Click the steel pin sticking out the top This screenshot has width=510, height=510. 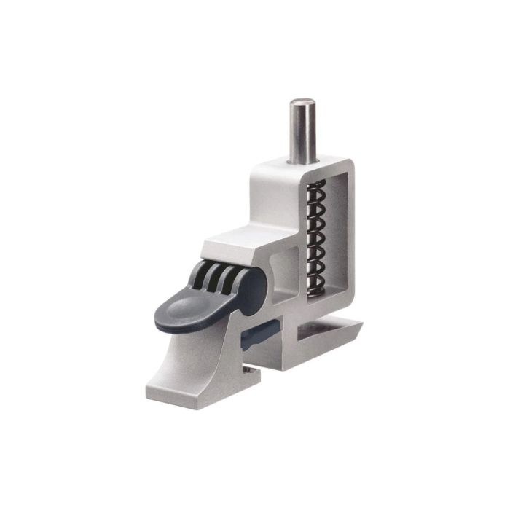302,131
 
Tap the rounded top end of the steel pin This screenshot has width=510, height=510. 302,103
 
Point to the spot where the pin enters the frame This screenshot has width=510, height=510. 302,162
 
